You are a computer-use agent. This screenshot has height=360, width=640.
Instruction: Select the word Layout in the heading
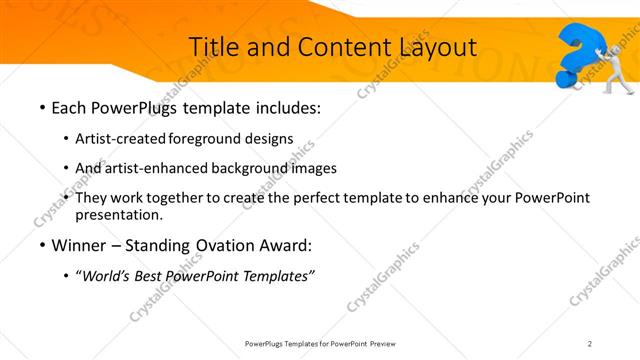click(429, 46)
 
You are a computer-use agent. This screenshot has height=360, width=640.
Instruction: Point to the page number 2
click(590, 343)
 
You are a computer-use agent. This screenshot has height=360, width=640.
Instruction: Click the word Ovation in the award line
click(224, 245)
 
